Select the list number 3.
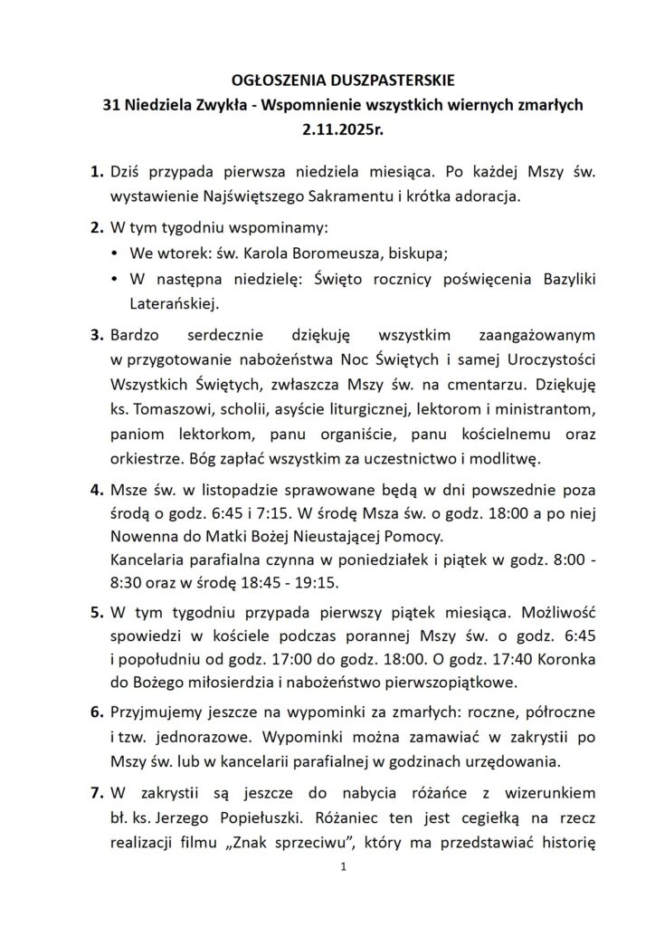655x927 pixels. click(x=97, y=334)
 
